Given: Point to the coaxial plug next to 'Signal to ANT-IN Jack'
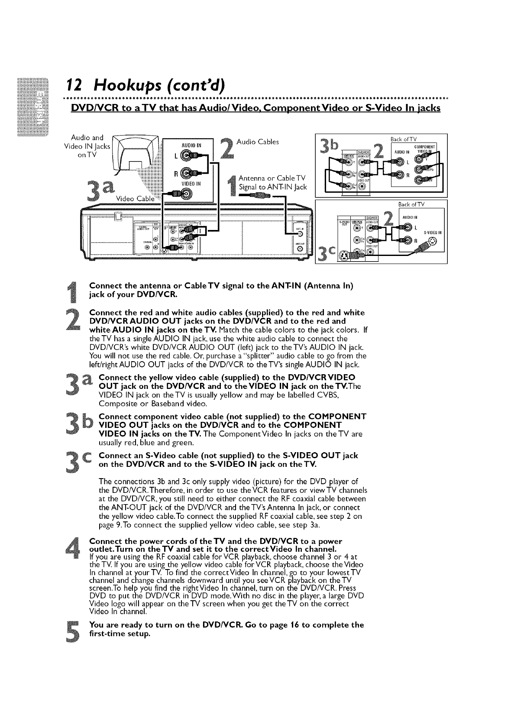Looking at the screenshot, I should click(258, 196).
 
